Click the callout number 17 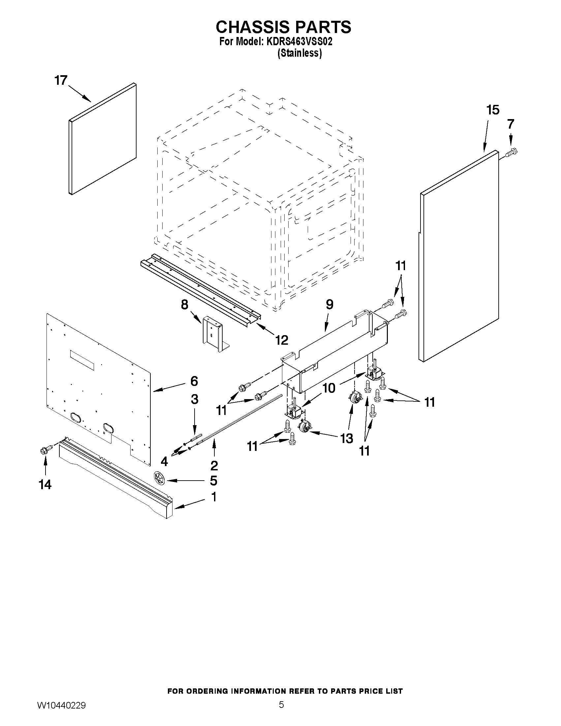pos(61,80)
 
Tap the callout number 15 pos(492,110)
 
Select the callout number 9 pos(329,304)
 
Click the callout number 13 pos(346,438)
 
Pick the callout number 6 pos(194,381)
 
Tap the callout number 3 pos(195,399)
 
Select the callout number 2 pos(214,466)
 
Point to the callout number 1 pos(213,497)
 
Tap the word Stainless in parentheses pos(299,53)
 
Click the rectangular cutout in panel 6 pos(82,360)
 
